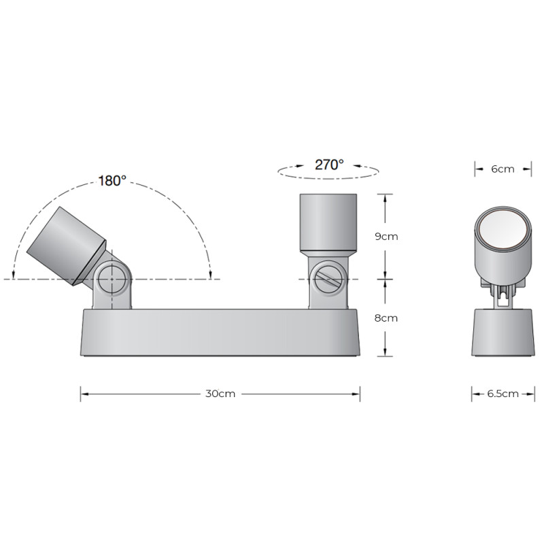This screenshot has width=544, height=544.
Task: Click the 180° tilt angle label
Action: click(112, 181)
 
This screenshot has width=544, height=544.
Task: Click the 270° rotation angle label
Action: click(329, 164)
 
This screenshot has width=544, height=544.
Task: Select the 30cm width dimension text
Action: click(220, 394)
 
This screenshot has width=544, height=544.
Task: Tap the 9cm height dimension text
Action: click(386, 237)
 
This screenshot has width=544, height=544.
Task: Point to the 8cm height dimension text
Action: click(386, 318)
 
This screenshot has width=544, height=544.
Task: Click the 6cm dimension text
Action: click(503, 169)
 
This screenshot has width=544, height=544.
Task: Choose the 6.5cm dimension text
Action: click(503, 393)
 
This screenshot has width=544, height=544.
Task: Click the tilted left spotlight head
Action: click(65, 242)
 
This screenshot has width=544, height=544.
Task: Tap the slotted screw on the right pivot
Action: click(328, 279)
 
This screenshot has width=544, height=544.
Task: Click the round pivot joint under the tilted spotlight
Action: click(109, 279)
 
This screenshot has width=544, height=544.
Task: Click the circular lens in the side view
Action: click(503, 231)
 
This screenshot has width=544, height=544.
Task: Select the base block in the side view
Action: click(503, 333)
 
